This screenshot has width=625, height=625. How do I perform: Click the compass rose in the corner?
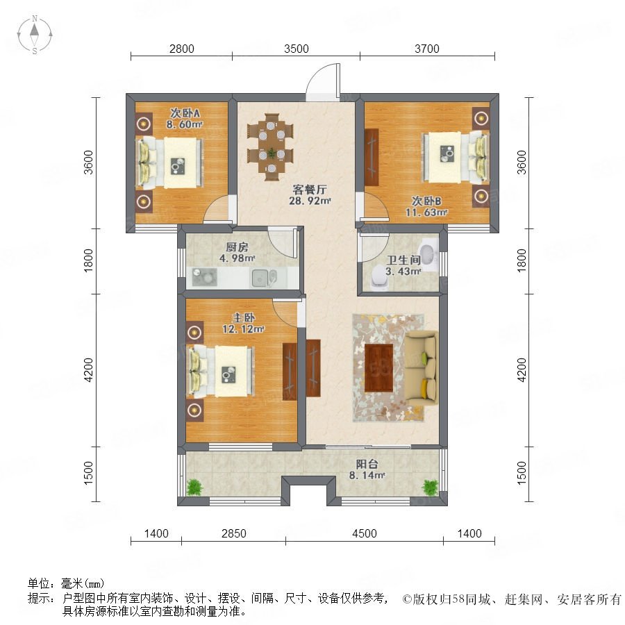pyautogui.click(x=35, y=34)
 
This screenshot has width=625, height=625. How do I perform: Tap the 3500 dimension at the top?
pyautogui.click(x=296, y=49)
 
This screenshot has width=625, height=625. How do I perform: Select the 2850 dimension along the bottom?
pyautogui.click(x=234, y=533)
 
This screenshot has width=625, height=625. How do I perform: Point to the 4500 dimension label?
pyautogui.click(x=365, y=533)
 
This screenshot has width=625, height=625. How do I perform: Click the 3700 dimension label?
pyautogui.click(x=427, y=49)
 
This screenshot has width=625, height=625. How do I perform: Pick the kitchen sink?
pyautogui.click(x=263, y=277)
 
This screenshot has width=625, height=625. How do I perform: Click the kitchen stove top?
pyautogui.click(x=204, y=277)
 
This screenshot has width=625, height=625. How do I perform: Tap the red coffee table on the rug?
pyautogui.click(x=378, y=367)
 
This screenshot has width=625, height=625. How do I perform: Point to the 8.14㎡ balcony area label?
pyautogui.click(x=367, y=475)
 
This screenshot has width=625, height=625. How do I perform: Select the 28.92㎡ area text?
pyautogui.click(x=310, y=201)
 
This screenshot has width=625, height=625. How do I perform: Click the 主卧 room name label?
pyautogui.click(x=244, y=317)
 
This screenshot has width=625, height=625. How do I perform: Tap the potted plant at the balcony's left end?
pyautogui.click(x=194, y=487)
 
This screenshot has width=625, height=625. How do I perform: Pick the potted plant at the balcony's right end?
pyautogui.click(x=431, y=487)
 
